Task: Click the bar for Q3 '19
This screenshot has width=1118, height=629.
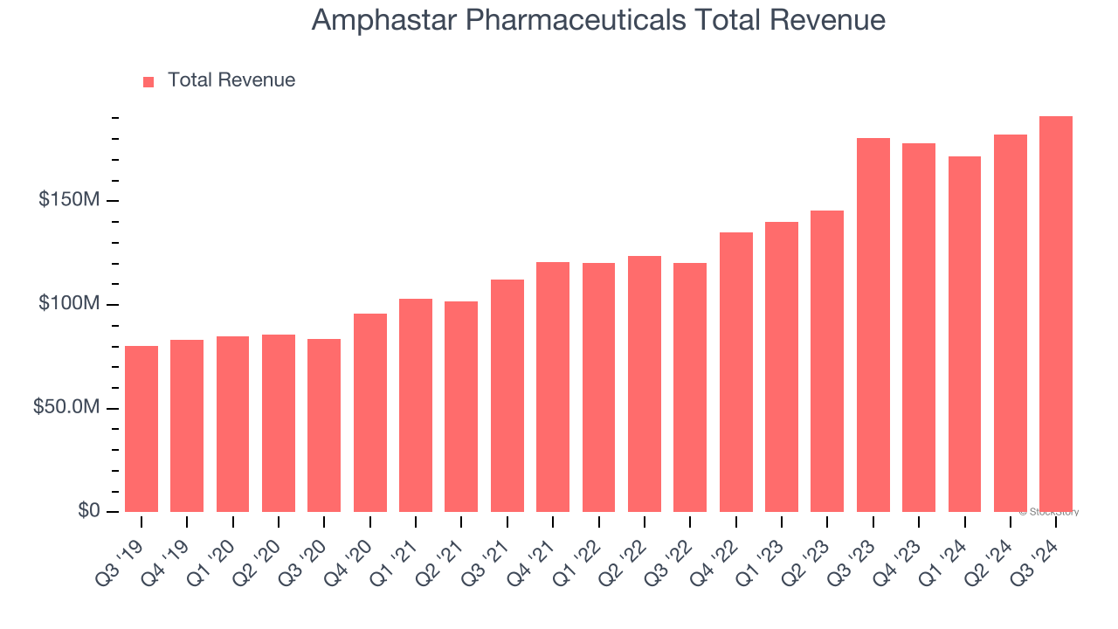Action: [x=141, y=429]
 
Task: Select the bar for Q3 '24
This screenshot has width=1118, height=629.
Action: [x=1056, y=314]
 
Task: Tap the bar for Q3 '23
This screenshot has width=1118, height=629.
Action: [x=873, y=325]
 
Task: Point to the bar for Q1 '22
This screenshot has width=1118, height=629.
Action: [x=598, y=387]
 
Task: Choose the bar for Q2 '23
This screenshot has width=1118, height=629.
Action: [x=827, y=361]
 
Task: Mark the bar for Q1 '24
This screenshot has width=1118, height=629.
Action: [x=964, y=334]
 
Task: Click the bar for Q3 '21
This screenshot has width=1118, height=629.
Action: [x=507, y=396]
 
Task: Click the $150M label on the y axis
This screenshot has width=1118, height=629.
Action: [x=69, y=200]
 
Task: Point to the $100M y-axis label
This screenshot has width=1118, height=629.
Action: [x=69, y=304]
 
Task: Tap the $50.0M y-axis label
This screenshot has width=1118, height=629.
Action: [x=66, y=408]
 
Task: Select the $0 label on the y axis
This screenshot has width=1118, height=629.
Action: [x=88, y=511]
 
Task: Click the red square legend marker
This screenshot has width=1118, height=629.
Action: [x=148, y=81]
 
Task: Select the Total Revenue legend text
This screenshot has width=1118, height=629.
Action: [x=231, y=80]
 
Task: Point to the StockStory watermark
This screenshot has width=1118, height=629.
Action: [x=1049, y=512]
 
